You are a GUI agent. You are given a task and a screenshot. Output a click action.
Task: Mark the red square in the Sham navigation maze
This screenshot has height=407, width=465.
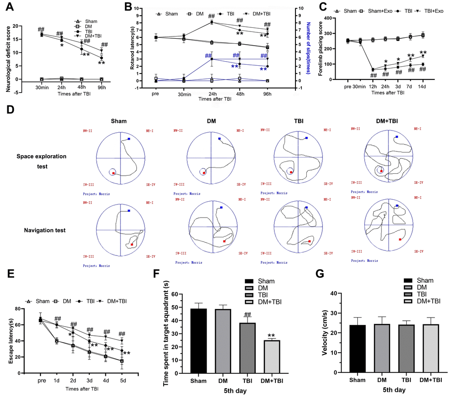(x=132, y=245)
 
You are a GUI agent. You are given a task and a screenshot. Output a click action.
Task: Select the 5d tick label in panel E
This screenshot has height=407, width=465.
(x=122, y=380)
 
